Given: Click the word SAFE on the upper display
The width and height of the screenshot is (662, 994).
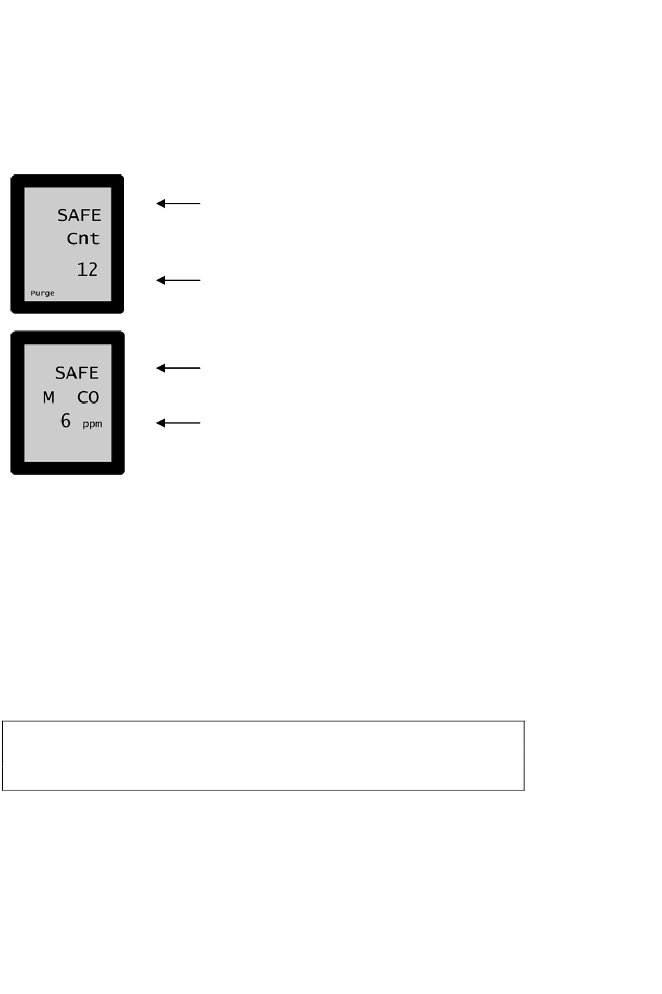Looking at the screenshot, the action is coord(79,215).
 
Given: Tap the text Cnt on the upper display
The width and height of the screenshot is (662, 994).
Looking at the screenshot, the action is coord(83,238).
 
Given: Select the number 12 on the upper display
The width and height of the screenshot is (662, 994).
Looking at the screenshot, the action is coord(87,269).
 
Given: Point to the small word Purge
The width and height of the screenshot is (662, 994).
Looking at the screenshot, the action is coord(43,293).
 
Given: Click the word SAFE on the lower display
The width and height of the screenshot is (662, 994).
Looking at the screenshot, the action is coord(77,373).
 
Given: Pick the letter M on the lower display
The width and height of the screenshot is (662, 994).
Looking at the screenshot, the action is coord(49,397).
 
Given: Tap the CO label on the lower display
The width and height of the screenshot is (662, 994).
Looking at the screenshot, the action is coord(88,397).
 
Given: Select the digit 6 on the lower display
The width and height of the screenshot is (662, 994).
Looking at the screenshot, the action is coord(66,420).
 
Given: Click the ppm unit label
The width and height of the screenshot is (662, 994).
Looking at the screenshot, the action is coord(92,424).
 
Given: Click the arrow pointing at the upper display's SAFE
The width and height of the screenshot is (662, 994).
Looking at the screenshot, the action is coord(178,204).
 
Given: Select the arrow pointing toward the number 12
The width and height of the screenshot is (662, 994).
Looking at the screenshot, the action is coord(178,280).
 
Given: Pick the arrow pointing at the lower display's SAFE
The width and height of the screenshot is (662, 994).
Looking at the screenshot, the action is coord(178,368).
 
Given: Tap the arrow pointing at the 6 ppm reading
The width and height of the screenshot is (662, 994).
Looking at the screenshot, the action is coord(178,423).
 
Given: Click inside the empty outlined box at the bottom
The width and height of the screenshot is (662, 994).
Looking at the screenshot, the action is coord(263,756).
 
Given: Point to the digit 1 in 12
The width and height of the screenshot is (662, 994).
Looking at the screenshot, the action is coord(82,269).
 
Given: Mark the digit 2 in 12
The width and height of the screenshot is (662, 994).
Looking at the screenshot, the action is coord(92,269).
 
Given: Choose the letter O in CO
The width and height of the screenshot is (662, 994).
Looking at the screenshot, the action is coord(93,397).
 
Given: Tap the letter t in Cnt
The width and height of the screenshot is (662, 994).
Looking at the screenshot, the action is coord(95,238).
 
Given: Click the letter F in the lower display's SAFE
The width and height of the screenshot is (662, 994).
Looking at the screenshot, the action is coord(82,373).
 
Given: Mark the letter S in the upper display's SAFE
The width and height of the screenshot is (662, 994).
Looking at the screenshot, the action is coord(63,215).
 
